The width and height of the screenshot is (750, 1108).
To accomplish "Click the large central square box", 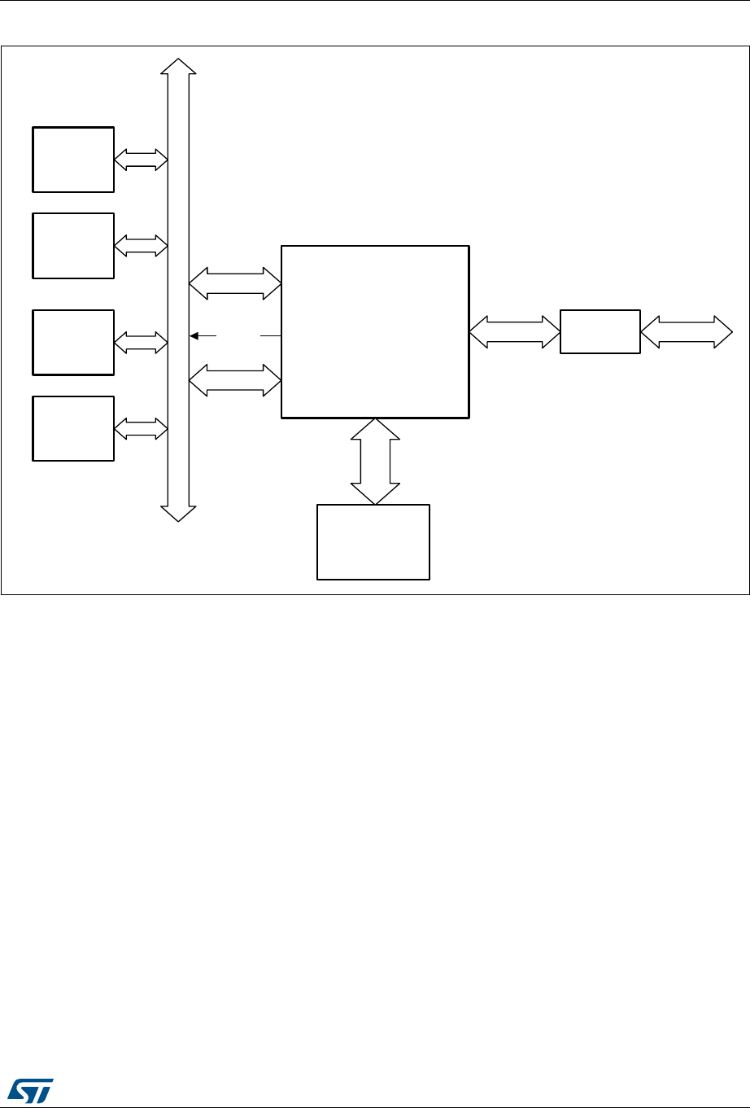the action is pos(375,331).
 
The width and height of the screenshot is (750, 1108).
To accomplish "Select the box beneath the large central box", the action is pos(373,542).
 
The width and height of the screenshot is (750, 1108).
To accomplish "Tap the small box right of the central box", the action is pos(600,331).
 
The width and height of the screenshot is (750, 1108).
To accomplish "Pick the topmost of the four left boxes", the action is pos(73,159).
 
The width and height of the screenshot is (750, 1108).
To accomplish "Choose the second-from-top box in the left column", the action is pos(73,245).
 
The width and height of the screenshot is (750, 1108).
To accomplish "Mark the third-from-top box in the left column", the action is pos(73,342).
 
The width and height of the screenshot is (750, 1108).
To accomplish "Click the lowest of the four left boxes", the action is pos(73,428).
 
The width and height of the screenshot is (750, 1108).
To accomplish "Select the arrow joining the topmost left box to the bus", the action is pos(141,160).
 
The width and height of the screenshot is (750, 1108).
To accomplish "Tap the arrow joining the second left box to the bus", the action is pos(141,245).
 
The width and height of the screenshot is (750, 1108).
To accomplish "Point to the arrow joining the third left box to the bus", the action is pos(141,343).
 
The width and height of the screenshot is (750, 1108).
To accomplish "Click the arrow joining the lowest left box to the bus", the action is pos(141,428).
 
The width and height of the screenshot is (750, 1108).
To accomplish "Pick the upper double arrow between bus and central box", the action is pos(235,284).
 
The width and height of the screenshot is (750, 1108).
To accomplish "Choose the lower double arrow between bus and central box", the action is pos(235,380).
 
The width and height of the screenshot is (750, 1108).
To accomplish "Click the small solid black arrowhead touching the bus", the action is pos(194,335).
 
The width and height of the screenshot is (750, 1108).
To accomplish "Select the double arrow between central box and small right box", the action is pos(515,332).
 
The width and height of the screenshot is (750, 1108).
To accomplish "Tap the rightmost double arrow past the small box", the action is pos(687,332).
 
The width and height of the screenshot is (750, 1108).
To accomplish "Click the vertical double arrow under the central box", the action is pos(375,462).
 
